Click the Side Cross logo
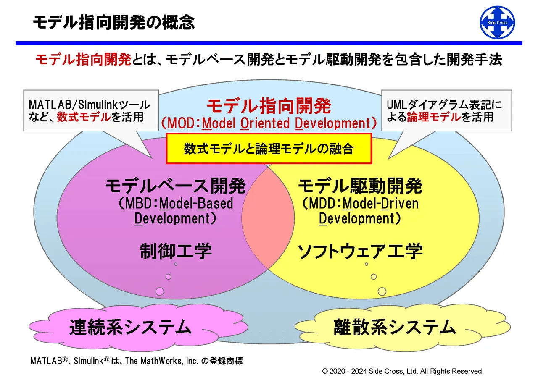click(497, 23)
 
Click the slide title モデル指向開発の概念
click(114, 22)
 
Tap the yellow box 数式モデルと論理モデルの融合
click(269, 149)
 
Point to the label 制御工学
click(175, 251)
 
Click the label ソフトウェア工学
click(360, 251)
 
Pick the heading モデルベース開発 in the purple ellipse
click(175, 186)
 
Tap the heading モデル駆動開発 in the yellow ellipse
click(360, 186)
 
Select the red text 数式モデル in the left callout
click(84, 117)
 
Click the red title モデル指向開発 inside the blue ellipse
click(269, 106)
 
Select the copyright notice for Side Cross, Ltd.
click(403, 371)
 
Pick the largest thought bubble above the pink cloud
click(160, 291)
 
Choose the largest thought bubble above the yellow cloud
click(382, 291)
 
